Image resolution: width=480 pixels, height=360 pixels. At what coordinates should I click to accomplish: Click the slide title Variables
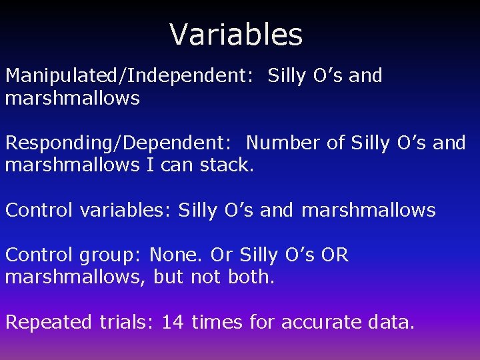[x=236, y=35]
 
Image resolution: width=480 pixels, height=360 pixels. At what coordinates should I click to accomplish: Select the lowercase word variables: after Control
[x=126, y=211]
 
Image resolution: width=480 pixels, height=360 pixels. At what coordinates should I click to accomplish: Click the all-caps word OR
[x=335, y=255]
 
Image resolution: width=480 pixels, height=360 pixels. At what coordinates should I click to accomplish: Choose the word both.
[x=251, y=277]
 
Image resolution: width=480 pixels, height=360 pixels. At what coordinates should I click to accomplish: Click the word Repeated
[x=49, y=323]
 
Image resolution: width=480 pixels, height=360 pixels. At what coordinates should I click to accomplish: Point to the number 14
[x=173, y=323]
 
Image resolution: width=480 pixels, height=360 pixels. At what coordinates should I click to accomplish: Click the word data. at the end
[x=391, y=323]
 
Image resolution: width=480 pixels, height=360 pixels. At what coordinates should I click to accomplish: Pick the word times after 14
[x=218, y=323]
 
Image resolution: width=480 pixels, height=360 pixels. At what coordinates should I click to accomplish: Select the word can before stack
[x=176, y=165]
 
